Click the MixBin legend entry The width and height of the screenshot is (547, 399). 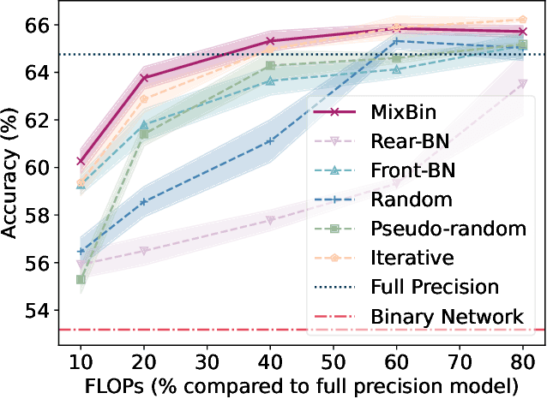point(406,113)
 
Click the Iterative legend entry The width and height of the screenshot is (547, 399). point(406,258)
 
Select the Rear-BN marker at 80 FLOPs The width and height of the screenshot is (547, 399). point(522,84)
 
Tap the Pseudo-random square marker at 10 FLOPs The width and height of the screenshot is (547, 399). point(81,279)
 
